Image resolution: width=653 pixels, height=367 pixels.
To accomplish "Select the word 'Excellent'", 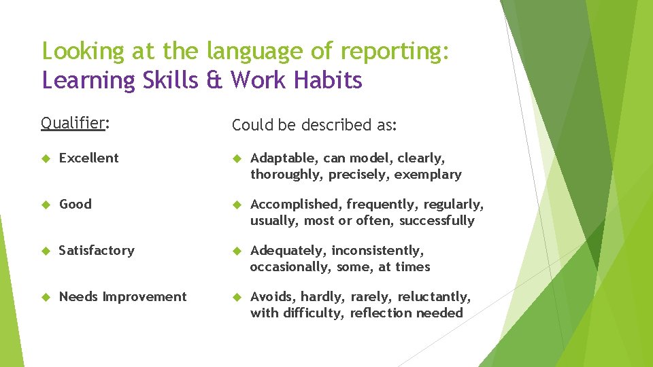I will tap(88, 158).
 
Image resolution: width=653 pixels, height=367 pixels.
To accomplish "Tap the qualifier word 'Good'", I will tap(75, 204).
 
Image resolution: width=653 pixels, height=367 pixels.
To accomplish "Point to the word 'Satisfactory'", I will tap(97, 250).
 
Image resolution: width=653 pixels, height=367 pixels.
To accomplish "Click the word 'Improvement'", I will tap(144, 296).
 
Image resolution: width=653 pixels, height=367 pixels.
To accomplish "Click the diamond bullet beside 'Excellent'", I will tap(46, 158).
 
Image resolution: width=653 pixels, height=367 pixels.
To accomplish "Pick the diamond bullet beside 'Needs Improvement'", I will tap(46, 297).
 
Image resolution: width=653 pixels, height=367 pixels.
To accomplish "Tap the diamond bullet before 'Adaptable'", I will tap(237, 158).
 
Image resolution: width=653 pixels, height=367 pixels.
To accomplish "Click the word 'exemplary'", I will tap(428, 175).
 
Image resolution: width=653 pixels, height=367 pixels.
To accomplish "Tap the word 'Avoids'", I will tap(272, 296).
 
